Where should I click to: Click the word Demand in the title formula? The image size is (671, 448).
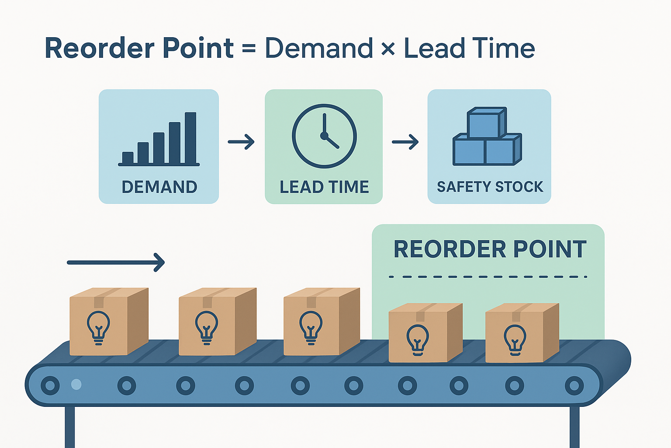(x=319, y=48)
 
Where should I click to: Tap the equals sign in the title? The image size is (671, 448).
(x=249, y=49)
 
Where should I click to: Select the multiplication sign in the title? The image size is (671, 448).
(x=387, y=49)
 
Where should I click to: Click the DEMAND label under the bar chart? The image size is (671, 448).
(x=159, y=187)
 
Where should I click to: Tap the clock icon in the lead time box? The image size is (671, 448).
(x=324, y=136)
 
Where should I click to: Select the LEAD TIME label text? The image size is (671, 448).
(x=324, y=187)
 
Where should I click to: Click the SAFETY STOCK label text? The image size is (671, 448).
(x=490, y=187)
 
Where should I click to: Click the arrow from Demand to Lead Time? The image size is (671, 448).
(x=241, y=141)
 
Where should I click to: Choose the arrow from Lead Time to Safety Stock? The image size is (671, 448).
(x=405, y=142)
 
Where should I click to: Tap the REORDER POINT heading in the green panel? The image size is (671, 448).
(x=490, y=249)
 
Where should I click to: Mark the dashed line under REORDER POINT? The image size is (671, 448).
(x=488, y=276)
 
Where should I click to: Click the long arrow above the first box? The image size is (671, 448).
(x=116, y=262)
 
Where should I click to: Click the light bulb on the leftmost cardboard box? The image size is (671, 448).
(x=98, y=327)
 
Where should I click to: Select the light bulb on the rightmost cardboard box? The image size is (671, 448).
(x=515, y=339)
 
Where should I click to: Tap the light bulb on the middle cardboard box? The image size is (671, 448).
(x=311, y=327)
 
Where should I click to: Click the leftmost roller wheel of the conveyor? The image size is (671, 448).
(x=50, y=385)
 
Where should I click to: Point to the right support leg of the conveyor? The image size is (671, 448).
(x=574, y=427)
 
